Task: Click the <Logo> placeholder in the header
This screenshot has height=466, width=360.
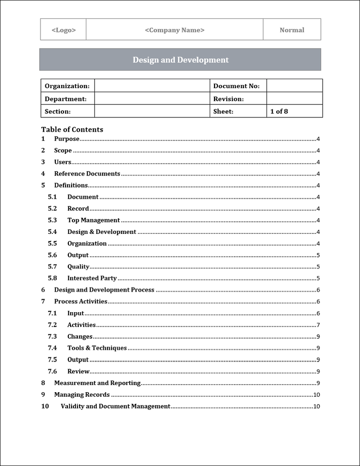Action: (x=63, y=30)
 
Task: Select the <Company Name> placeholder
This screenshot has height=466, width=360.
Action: (x=175, y=30)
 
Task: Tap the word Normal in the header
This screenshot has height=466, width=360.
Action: (x=292, y=30)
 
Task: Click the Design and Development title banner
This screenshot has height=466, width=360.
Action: (x=180, y=60)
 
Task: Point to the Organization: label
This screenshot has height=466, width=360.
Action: (x=67, y=86)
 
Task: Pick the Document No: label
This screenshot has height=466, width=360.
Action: (x=236, y=86)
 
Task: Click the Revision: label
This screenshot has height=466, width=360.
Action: (x=229, y=99)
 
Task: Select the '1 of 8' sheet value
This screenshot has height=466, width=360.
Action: (x=279, y=111)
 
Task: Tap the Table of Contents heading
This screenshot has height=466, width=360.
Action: (x=72, y=130)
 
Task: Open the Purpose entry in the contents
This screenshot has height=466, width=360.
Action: (x=67, y=139)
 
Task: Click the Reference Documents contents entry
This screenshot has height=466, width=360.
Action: (x=87, y=174)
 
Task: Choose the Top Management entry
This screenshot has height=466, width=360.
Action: (x=94, y=220)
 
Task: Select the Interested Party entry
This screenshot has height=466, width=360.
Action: (x=92, y=278)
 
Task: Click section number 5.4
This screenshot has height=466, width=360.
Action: (x=52, y=232)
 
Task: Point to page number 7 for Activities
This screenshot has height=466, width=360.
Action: (x=318, y=325)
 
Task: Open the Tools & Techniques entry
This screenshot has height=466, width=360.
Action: (x=97, y=348)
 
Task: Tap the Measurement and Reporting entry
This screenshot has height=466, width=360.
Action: (x=97, y=383)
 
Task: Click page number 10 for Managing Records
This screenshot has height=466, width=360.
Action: (x=316, y=395)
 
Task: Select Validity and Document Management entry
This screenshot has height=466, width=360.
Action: (x=115, y=407)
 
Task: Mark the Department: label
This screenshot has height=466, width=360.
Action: (x=66, y=99)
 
